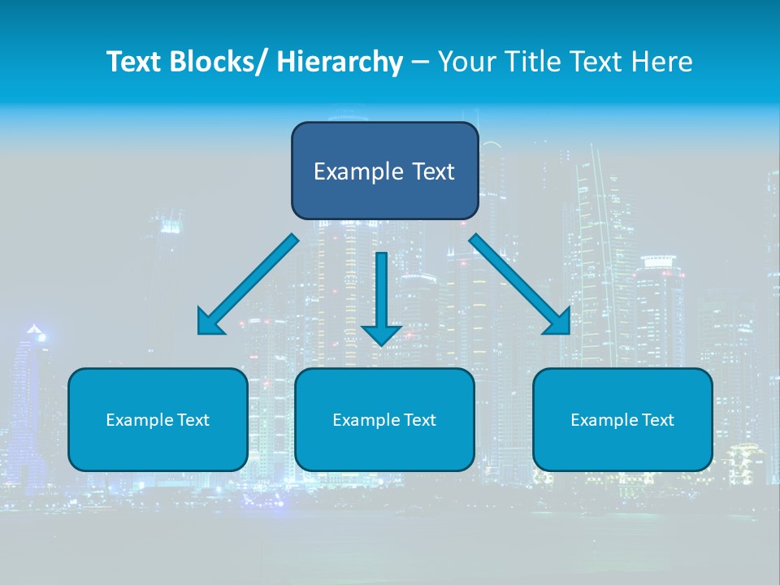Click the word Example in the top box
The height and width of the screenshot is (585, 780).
(358, 171)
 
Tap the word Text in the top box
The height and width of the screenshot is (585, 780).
(431, 171)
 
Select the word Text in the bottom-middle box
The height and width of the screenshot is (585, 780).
(418, 420)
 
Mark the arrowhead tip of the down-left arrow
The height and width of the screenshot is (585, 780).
(200, 333)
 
